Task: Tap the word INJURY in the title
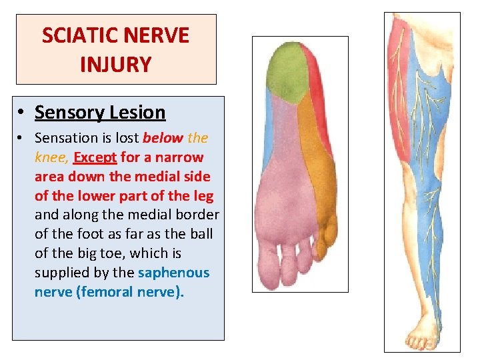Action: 115,65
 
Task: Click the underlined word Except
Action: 95,157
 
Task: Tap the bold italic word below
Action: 163,138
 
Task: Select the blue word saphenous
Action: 173,273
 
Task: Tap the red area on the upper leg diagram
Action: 401,87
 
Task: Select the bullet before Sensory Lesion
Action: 23,113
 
